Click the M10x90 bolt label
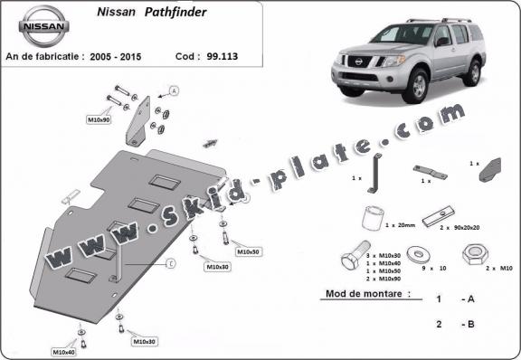pos(99,119)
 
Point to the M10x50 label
pos(247,251)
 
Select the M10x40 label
pos(63,352)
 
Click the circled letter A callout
pos(174,90)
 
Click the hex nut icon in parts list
pos(473,254)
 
